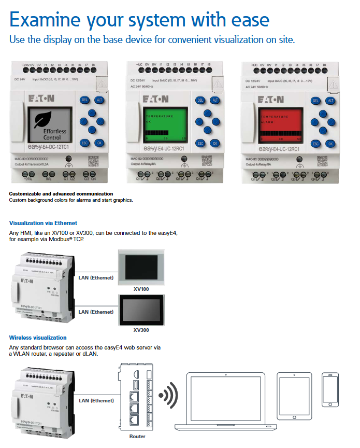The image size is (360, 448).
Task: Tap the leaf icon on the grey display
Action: (45, 119)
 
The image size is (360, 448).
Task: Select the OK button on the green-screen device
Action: (214, 143)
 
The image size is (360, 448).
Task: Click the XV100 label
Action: (141, 288)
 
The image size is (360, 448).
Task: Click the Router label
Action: (137, 437)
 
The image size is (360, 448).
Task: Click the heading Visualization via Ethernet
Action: (44, 223)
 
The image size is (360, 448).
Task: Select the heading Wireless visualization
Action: (38, 338)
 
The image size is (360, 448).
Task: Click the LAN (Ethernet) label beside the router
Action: (96, 400)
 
